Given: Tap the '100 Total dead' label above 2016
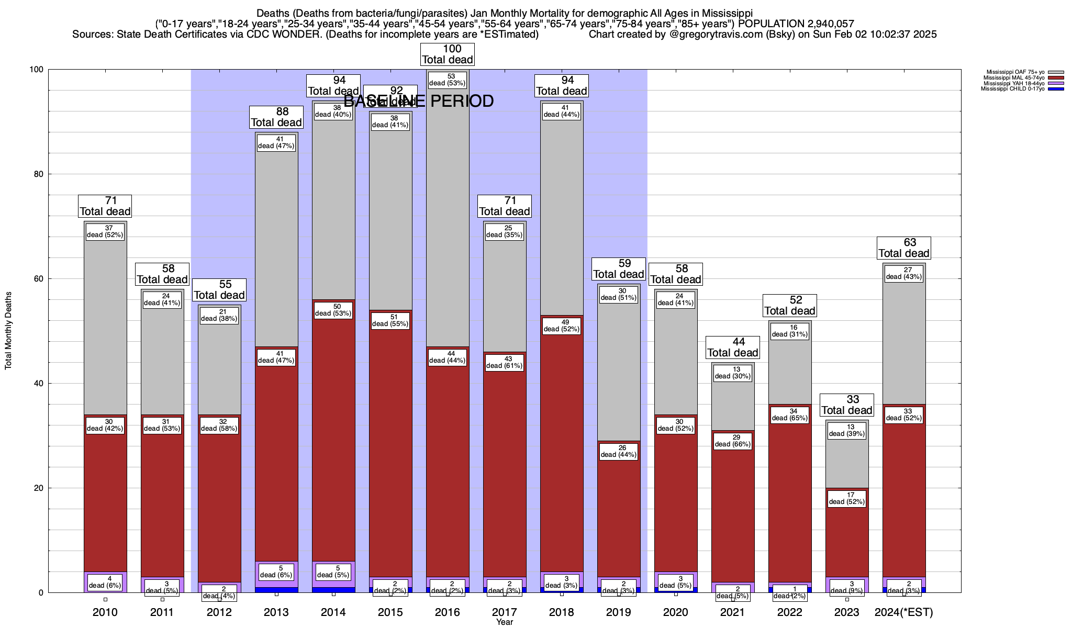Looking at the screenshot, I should click(x=448, y=54).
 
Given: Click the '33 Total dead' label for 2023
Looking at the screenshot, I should click(x=847, y=405).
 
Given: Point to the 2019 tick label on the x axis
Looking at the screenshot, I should click(x=619, y=612).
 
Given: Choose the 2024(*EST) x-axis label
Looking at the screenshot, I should click(x=904, y=612).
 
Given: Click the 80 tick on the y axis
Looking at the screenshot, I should click(x=39, y=174).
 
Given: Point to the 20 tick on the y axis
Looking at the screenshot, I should click(x=39, y=488).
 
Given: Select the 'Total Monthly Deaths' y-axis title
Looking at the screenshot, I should click(x=8, y=331).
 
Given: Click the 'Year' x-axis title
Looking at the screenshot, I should click(x=505, y=622).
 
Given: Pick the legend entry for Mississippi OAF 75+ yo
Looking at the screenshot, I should click(x=1015, y=72).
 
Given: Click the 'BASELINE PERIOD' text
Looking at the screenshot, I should click(x=419, y=101).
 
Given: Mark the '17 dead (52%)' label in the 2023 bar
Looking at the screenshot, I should click(x=847, y=499).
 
